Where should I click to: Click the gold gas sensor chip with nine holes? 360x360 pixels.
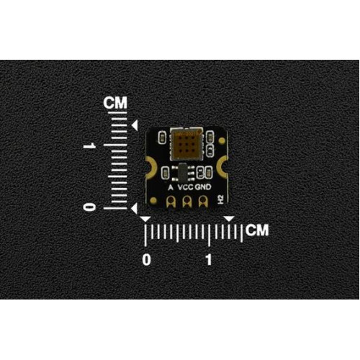tap(186, 144)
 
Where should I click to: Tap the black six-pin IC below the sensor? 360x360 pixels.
tap(183, 172)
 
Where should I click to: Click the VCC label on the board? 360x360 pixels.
tap(186, 187)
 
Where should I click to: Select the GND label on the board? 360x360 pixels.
tap(203, 187)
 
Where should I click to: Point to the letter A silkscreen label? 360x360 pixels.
tap(171, 187)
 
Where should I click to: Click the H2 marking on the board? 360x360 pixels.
tap(221, 199)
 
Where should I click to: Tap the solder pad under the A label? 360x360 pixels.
tap(171, 201)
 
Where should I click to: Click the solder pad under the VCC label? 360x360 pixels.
tap(187, 201)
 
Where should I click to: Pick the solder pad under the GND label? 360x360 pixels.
tap(203, 201)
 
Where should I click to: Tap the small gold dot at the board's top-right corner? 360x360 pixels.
tap(222, 140)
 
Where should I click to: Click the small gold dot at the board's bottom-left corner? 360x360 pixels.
tap(153, 200)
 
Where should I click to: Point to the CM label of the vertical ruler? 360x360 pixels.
tap(115, 103)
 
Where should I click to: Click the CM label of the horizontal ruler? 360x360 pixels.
tap(257, 230)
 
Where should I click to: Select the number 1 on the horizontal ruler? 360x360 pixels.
tap(209, 260)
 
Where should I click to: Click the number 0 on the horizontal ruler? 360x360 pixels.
tap(147, 260)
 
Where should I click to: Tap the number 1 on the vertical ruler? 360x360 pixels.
tap(90, 145)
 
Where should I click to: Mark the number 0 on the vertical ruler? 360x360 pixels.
tap(89, 207)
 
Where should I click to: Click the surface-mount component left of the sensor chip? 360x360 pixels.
tap(162, 138)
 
